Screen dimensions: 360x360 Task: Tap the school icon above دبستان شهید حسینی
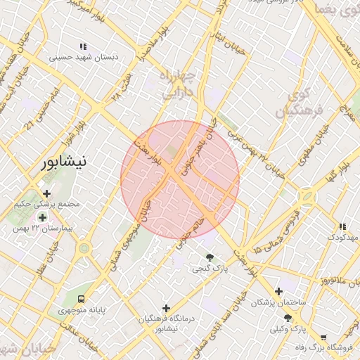[84, 46]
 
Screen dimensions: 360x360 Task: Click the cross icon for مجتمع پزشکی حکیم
[47, 193]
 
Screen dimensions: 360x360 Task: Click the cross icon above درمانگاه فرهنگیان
[166, 308]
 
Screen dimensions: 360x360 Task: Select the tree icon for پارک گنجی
[210, 257]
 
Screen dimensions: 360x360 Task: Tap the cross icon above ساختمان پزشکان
[279, 290]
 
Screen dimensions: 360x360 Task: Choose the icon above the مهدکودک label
[342, 227]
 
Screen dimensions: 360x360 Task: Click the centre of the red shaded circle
[180, 180]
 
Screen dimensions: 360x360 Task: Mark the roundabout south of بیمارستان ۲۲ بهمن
[84, 248]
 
